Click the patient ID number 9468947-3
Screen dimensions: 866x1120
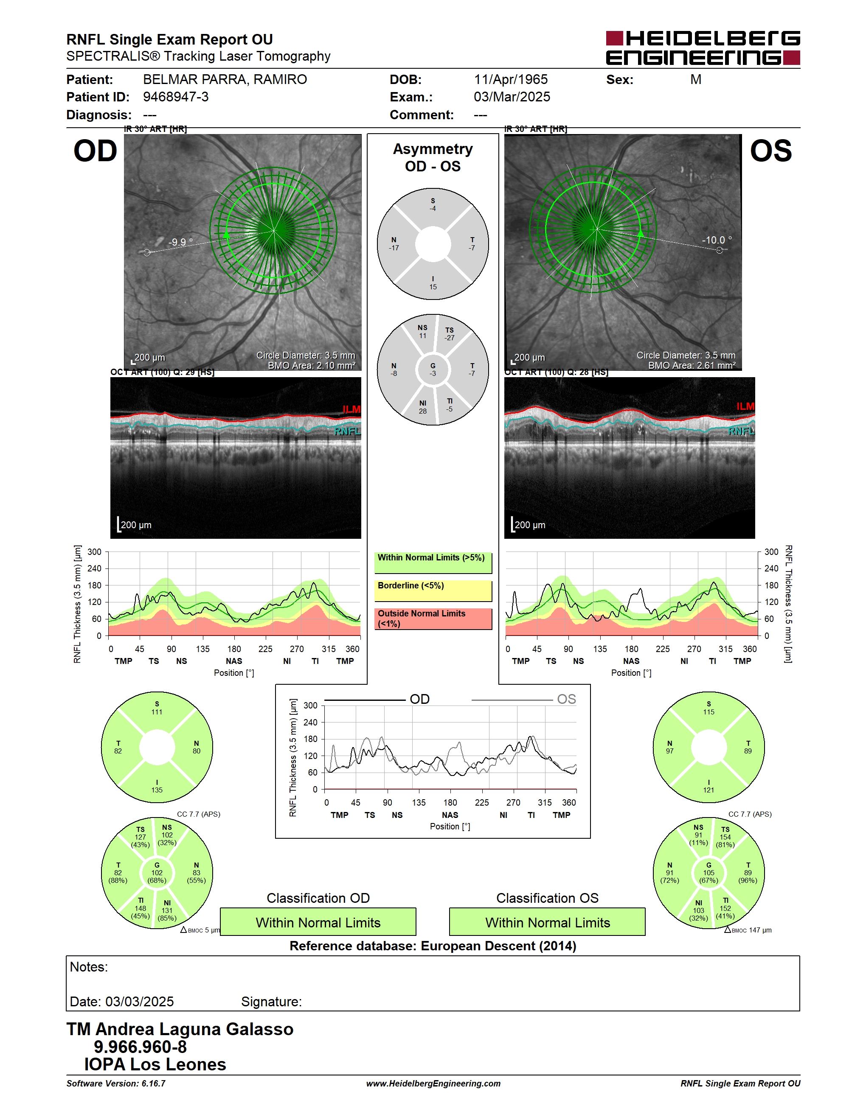pos(175,97)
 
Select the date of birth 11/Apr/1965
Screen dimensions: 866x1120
pos(510,79)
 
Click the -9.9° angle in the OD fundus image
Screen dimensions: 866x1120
pos(180,242)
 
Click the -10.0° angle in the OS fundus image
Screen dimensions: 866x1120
pos(717,240)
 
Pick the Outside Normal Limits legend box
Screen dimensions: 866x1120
pos(433,619)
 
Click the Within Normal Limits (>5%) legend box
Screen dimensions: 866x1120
pos(433,563)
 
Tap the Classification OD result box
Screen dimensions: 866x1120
pos(318,921)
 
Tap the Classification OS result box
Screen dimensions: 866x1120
pos(548,921)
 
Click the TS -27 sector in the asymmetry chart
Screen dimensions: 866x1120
pos(450,334)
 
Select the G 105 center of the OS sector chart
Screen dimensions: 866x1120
pos(709,872)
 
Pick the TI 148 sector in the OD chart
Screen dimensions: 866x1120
pos(140,908)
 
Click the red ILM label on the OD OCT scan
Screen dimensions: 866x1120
pos(351,409)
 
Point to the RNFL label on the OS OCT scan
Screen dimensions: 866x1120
pos(741,431)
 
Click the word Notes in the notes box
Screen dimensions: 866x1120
pos(89,967)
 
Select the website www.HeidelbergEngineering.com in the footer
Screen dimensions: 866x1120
pos(433,1083)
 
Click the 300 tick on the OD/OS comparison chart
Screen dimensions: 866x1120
pos(310,705)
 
